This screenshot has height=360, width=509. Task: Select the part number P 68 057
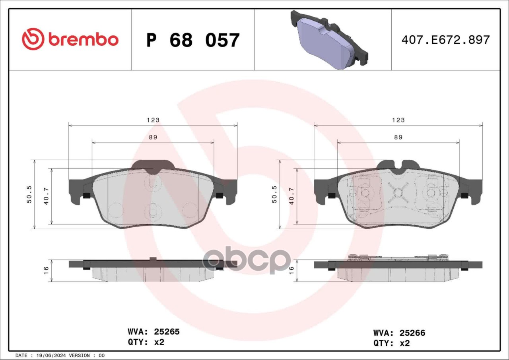coord(193,40)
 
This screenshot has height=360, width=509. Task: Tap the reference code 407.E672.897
coord(446,40)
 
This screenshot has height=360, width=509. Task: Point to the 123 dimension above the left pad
coord(153,120)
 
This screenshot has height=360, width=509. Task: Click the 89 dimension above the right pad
coord(398,137)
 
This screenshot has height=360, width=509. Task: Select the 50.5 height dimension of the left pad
coord(29,194)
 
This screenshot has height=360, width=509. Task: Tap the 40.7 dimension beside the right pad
coord(292,196)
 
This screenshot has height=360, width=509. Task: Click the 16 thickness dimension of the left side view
coord(46,270)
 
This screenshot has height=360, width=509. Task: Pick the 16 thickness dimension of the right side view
coord(291,270)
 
